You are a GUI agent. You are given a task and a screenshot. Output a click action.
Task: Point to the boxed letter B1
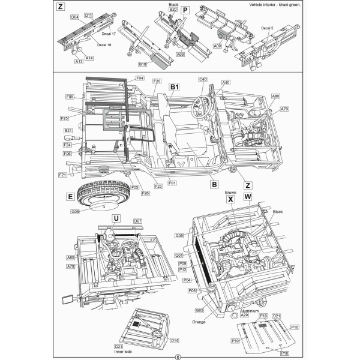pos(175,88)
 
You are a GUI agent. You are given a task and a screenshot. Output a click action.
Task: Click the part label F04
pos(139,79)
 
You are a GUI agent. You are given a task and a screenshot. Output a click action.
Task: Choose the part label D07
pos(137,221)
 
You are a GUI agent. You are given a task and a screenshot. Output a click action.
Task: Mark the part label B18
pos(142,64)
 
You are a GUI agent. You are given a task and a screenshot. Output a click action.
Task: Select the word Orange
pos(199,322)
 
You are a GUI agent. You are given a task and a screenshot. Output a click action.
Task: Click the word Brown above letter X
pos(230,193)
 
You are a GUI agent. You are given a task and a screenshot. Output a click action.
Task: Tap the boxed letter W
pos(248,196)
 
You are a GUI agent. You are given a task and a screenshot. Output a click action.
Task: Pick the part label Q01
pos(179,255)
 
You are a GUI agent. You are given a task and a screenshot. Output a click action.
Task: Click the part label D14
pos(175,340)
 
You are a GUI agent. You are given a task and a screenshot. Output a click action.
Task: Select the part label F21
pos(62,175)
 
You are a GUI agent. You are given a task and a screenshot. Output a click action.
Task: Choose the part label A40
pos(226,82)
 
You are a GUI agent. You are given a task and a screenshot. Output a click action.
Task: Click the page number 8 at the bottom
pos(178,356)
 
